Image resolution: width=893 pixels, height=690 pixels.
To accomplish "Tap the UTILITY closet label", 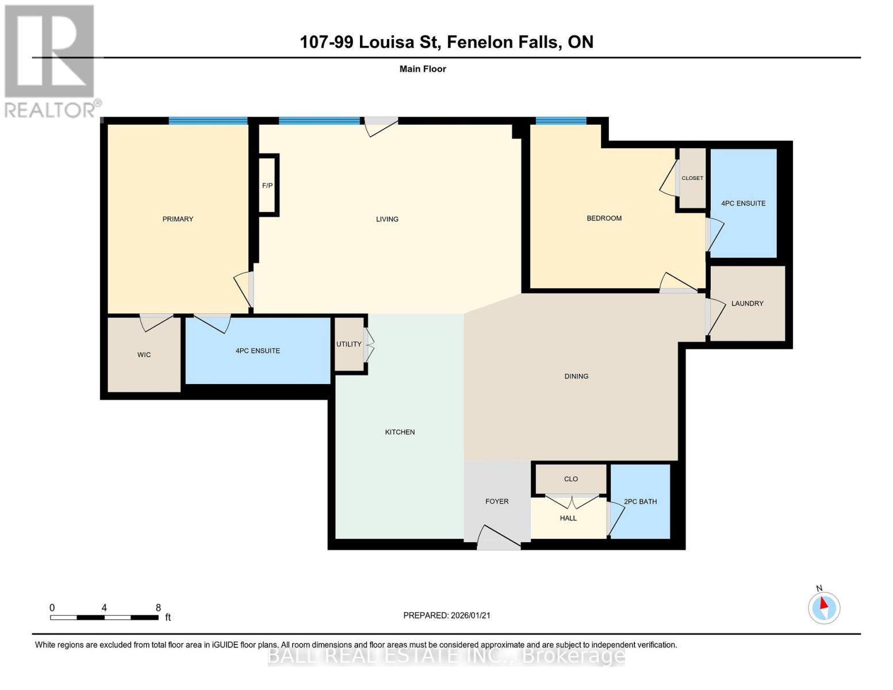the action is point(349,344).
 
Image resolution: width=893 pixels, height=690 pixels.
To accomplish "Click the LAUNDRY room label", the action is point(747,303).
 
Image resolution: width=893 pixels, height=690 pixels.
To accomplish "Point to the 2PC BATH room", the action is point(640,501).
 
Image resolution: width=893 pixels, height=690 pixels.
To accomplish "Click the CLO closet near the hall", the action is point(571,479).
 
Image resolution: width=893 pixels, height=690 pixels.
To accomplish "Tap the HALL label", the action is point(568,518).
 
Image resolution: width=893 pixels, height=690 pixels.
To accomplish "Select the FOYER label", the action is point(497,501).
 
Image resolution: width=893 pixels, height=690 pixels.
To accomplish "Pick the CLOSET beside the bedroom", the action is point(692,178).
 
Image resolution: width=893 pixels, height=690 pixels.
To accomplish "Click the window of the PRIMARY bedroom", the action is point(208,121).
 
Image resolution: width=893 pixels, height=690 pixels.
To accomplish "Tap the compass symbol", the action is point(824,608).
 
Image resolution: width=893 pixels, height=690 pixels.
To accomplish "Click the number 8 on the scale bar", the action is point(158,607).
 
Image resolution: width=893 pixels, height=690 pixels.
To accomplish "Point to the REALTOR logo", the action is point(51,62).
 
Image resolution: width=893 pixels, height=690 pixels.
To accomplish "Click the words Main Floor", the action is point(423,69).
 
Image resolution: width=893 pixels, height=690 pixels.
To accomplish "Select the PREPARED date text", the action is point(447,615).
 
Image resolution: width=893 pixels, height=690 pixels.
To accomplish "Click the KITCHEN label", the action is point(400,432).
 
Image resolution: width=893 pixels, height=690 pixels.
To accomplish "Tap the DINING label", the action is point(576,376).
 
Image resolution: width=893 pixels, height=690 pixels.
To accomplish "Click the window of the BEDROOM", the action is point(561,120).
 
